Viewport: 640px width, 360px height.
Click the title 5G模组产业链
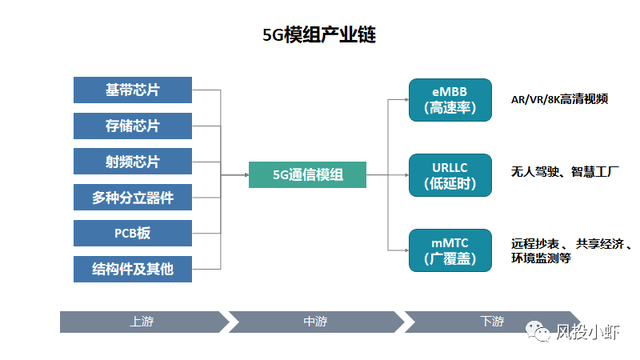tap(319, 35)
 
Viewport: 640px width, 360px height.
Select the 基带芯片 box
tap(133, 90)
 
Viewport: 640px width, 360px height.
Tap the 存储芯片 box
tap(133, 126)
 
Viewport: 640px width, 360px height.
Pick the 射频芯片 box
tap(133, 162)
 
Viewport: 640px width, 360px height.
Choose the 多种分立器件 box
tap(133, 198)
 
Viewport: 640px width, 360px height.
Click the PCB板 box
tap(133, 233)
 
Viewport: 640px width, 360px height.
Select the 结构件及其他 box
tap(133, 269)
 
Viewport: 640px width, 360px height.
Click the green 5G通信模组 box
tap(307, 175)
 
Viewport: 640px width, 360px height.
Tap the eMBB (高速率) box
tap(450, 100)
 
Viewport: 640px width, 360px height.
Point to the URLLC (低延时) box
tap(450, 175)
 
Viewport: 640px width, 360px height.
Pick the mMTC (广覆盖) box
tap(450, 250)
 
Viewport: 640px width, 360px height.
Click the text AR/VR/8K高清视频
tap(560, 99)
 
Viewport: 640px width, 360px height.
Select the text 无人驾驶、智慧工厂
tap(565, 172)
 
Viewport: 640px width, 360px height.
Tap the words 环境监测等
tap(541, 258)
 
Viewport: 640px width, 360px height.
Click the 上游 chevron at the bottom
tap(144, 322)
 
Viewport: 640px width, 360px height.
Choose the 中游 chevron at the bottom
tap(316, 322)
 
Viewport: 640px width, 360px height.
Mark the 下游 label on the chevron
tap(492, 321)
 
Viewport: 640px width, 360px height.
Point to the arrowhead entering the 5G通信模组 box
tap(247, 175)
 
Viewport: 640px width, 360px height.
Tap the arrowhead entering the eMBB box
tap(406, 100)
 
